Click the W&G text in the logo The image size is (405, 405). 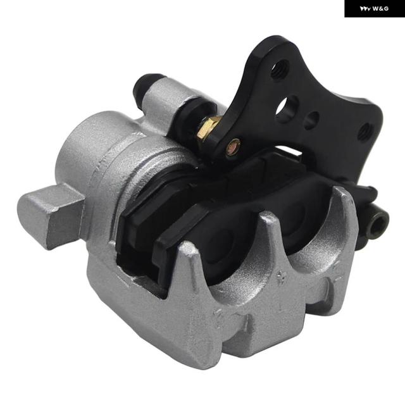click(x=380, y=9)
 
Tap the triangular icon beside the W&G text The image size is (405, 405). click(x=365, y=9)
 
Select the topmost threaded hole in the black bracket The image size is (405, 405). click(x=280, y=68)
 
